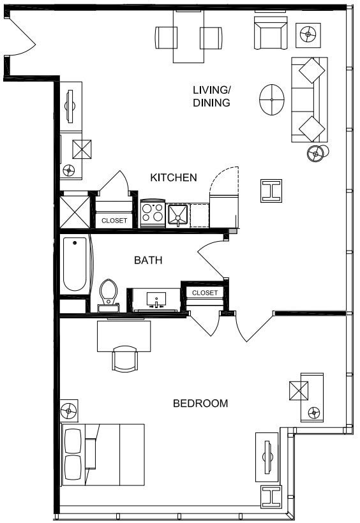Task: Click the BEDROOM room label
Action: pos(200,403)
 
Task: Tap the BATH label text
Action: pos(148,260)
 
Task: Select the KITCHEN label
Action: pos(174,177)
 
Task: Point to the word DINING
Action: pos(211,102)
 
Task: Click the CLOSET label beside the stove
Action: pos(114,221)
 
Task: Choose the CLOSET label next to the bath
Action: pos(205,293)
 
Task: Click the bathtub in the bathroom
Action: pos(75,264)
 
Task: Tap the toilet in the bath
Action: pos(109,294)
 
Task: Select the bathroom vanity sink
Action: pos(156,299)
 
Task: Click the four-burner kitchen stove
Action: pos(153,214)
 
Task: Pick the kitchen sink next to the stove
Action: pos(177,214)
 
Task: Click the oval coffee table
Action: pos(272,99)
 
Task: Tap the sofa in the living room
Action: pos(310,100)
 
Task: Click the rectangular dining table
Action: pos(188,36)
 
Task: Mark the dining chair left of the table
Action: pos(165,38)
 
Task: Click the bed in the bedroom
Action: pos(102,454)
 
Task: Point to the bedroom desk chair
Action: pos(124,358)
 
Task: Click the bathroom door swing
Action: pos(211,255)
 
